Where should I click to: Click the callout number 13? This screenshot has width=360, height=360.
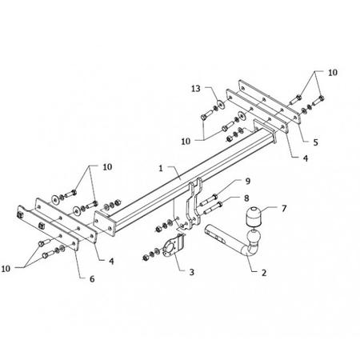click(196, 89)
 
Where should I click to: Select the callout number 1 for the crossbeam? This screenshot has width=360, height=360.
click(161, 169)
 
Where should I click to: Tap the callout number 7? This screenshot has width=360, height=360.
click(284, 208)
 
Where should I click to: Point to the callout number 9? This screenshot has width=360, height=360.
click(248, 182)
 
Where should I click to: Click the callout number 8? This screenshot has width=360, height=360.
click(246, 198)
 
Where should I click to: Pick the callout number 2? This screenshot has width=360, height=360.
click(264, 273)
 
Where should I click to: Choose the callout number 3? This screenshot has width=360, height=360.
click(191, 272)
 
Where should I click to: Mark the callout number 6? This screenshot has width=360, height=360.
click(92, 279)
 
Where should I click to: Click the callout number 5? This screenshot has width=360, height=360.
click(315, 142)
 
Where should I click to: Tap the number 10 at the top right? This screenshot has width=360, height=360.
click(333, 73)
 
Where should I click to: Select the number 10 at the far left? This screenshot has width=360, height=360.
click(6, 269)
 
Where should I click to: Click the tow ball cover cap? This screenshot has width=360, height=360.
click(253, 216)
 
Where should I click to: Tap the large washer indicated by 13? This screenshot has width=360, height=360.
click(221, 104)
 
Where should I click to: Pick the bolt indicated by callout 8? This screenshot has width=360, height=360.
click(213, 208)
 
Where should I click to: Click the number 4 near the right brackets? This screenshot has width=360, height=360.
click(306, 158)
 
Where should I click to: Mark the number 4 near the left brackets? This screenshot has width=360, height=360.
click(111, 262)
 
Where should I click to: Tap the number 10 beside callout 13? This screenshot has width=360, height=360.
click(186, 142)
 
